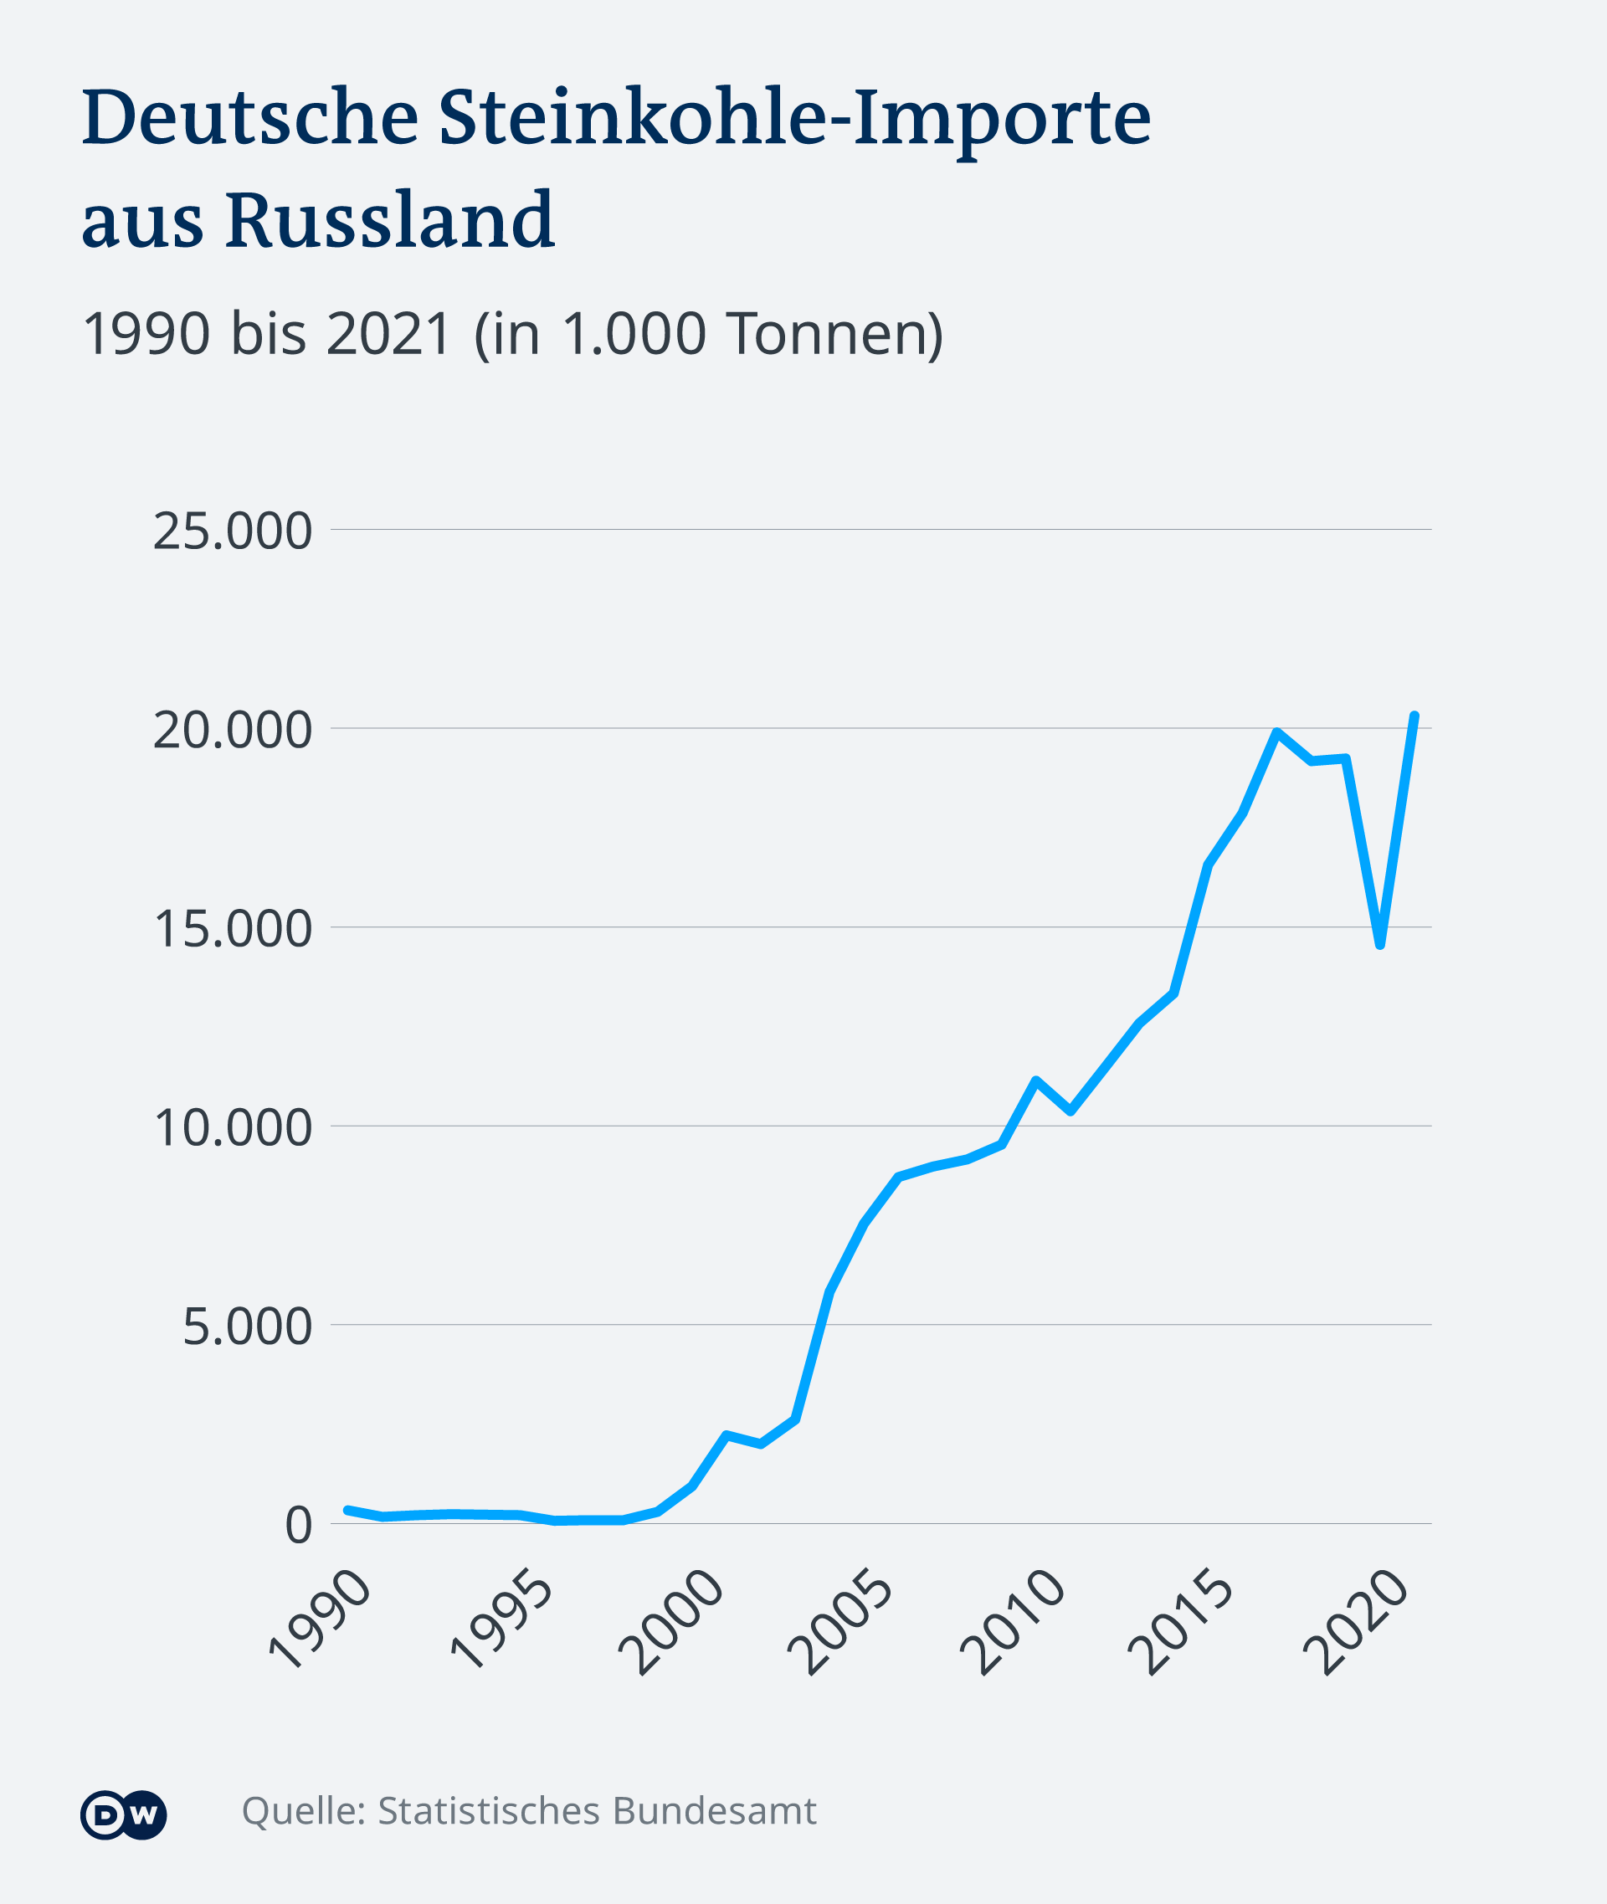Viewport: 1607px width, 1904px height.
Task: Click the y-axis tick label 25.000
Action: click(x=233, y=531)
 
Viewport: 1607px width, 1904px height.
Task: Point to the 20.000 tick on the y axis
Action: click(x=233, y=730)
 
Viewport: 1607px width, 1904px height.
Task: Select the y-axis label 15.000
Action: click(x=233, y=929)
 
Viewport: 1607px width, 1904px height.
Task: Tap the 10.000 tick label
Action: click(x=233, y=1128)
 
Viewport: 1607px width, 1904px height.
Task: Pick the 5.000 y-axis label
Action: click(x=247, y=1327)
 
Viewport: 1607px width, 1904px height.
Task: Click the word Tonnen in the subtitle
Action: click(x=834, y=333)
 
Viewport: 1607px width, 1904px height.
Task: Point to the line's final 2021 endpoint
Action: click(x=1414, y=716)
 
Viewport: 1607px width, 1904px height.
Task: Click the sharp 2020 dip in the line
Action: click(x=1381, y=946)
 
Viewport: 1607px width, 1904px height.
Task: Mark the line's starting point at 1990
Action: click(x=347, y=1511)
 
